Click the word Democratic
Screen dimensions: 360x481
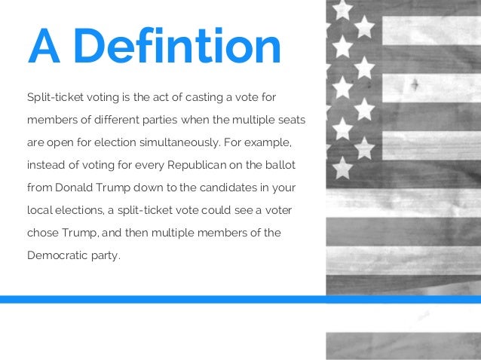click(x=60, y=255)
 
